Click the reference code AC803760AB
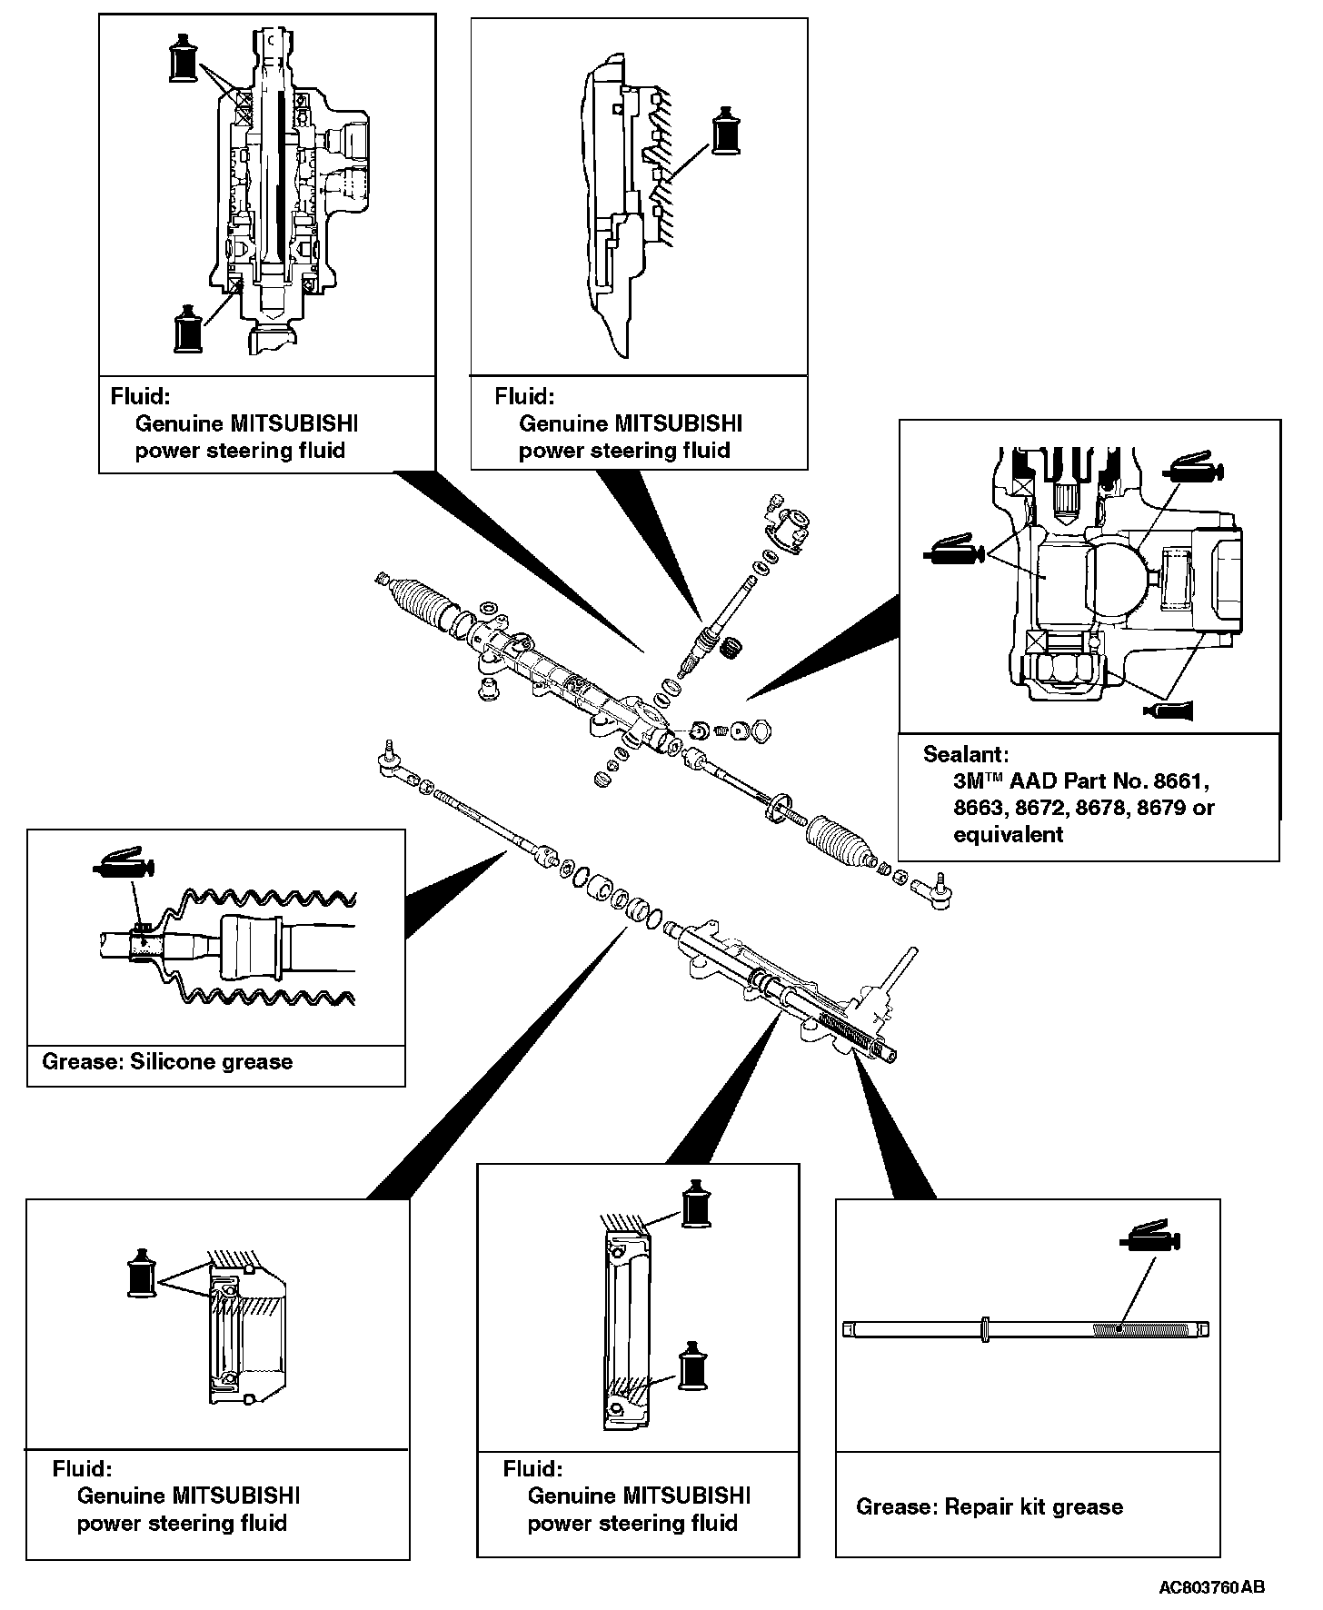click(1211, 1587)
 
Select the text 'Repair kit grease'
click(1034, 1506)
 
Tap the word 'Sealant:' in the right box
click(966, 753)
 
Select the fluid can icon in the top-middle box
click(725, 131)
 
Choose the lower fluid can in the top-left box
click(188, 328)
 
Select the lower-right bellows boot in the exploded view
click(840, 842)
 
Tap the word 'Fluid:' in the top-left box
click(140, 396)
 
